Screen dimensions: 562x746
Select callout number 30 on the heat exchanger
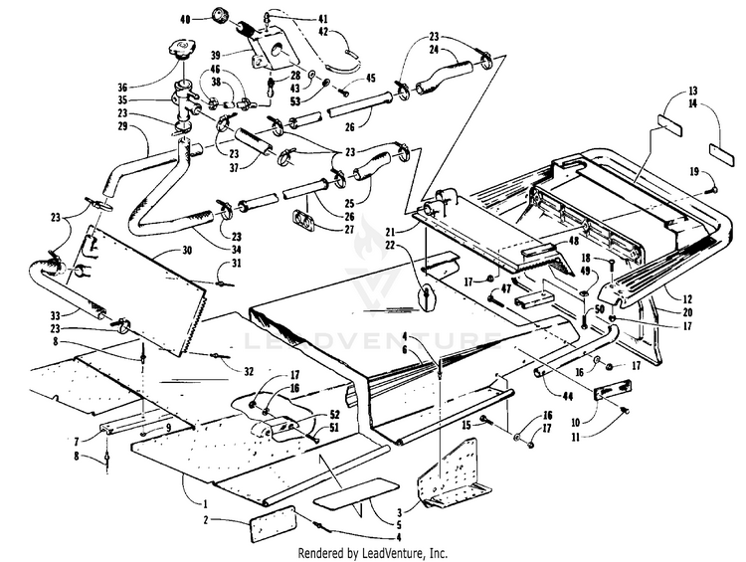186,252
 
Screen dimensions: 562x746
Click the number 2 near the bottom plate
206,520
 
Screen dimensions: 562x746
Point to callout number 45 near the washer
344,79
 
